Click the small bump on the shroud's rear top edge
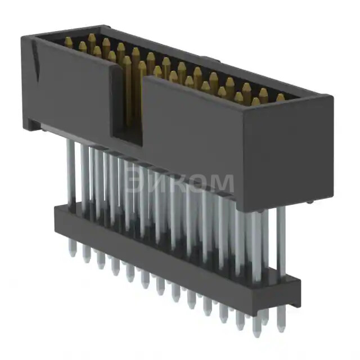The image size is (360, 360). pyautogui.click(x=208, y=58)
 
